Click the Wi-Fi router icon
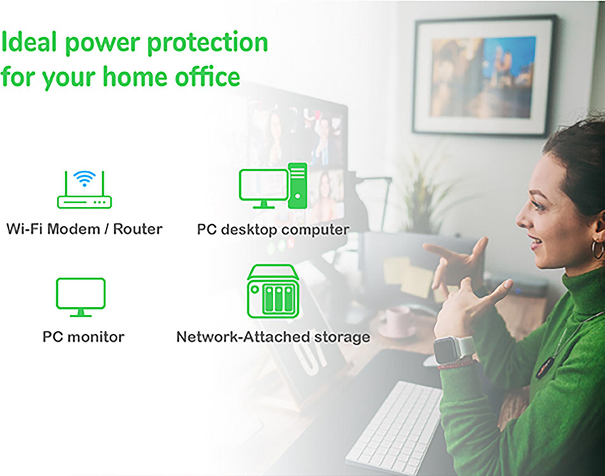click(x=85, y=190)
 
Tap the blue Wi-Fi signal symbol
click(x=84, y=178)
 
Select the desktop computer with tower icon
click(x=273, y=186)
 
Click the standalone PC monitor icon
click(x=80, y=296)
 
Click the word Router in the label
click(x=137, y=229)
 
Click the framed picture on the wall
click(x=484, y=76)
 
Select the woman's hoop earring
click(x=597, y=250)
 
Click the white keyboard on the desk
click(x=396, y=427)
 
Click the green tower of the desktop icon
click(x=297, y=186)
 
